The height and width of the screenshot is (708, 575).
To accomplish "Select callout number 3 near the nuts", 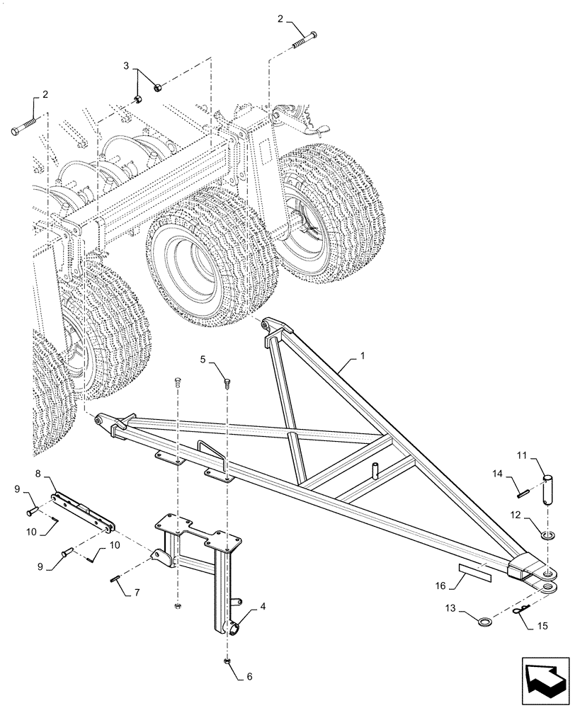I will pyautogui.click(x=127, y=66).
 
